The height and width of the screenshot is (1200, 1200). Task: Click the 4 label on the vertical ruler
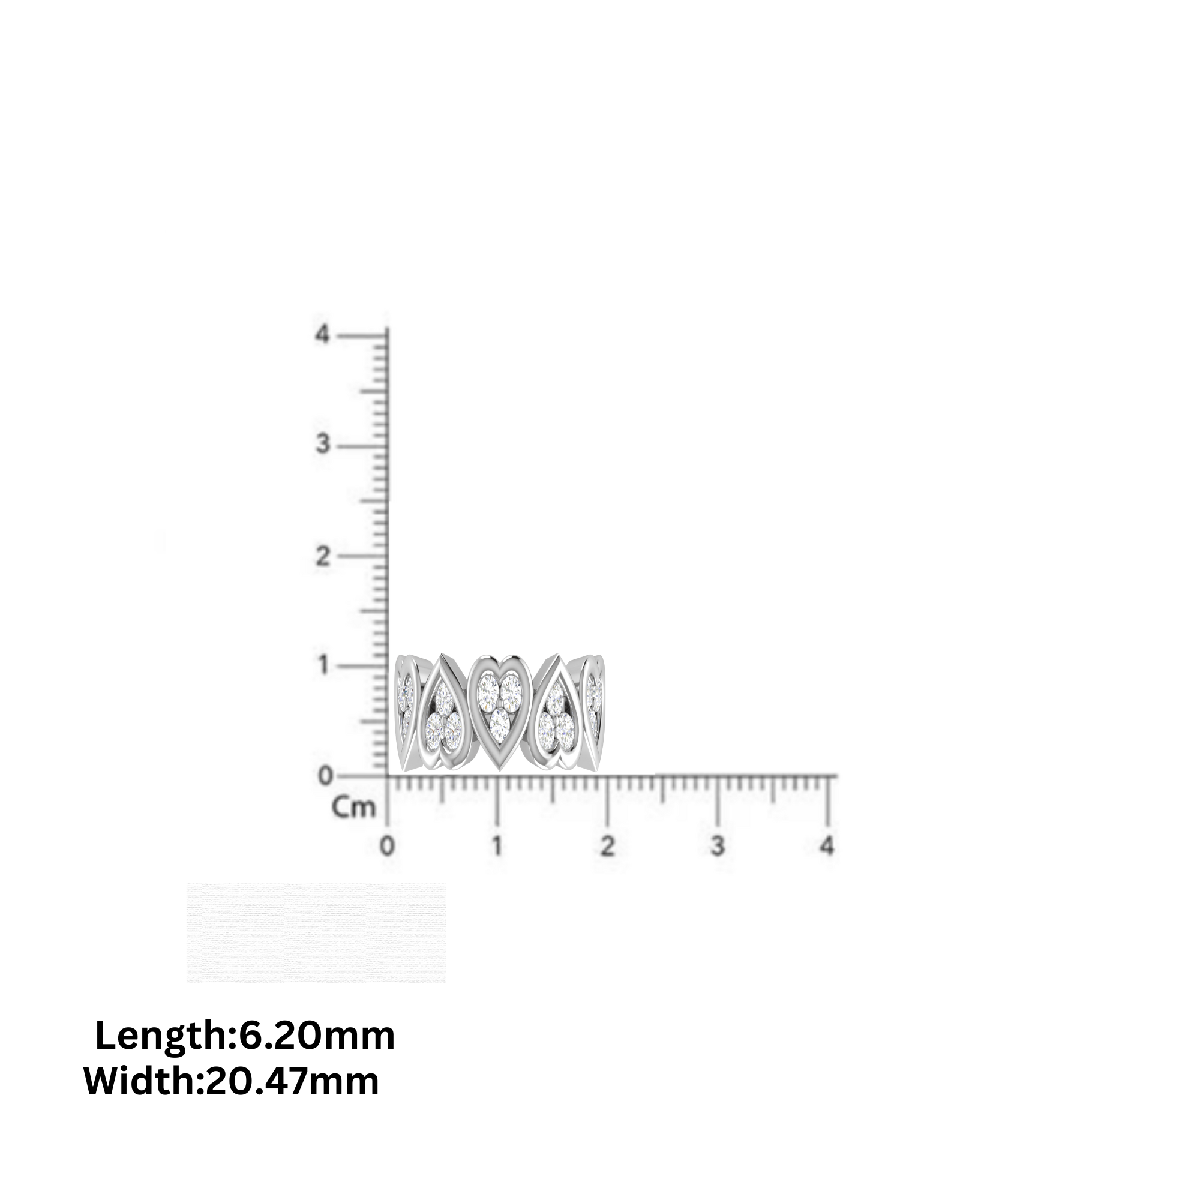[x=322, y=335]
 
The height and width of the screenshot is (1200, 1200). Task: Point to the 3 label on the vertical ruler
[x=322, y=445]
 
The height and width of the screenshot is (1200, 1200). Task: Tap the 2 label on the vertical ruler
[x=322, y=556]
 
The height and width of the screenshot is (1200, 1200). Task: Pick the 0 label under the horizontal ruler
[x=387, y=846]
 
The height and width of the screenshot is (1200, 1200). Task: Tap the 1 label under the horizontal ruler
[x=497, y=846]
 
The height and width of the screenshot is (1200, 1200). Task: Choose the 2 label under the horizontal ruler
[x=607, y=846]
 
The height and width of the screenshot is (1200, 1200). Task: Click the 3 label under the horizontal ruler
[x=718, y=846]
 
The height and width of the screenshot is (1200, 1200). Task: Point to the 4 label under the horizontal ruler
[x=827, y=846]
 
